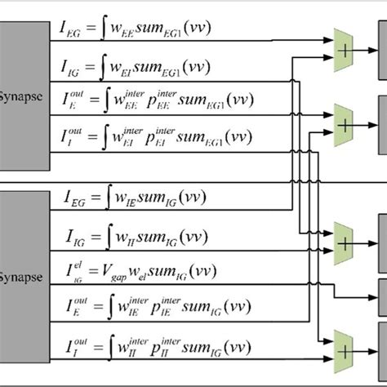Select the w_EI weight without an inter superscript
tap(131, 69)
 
